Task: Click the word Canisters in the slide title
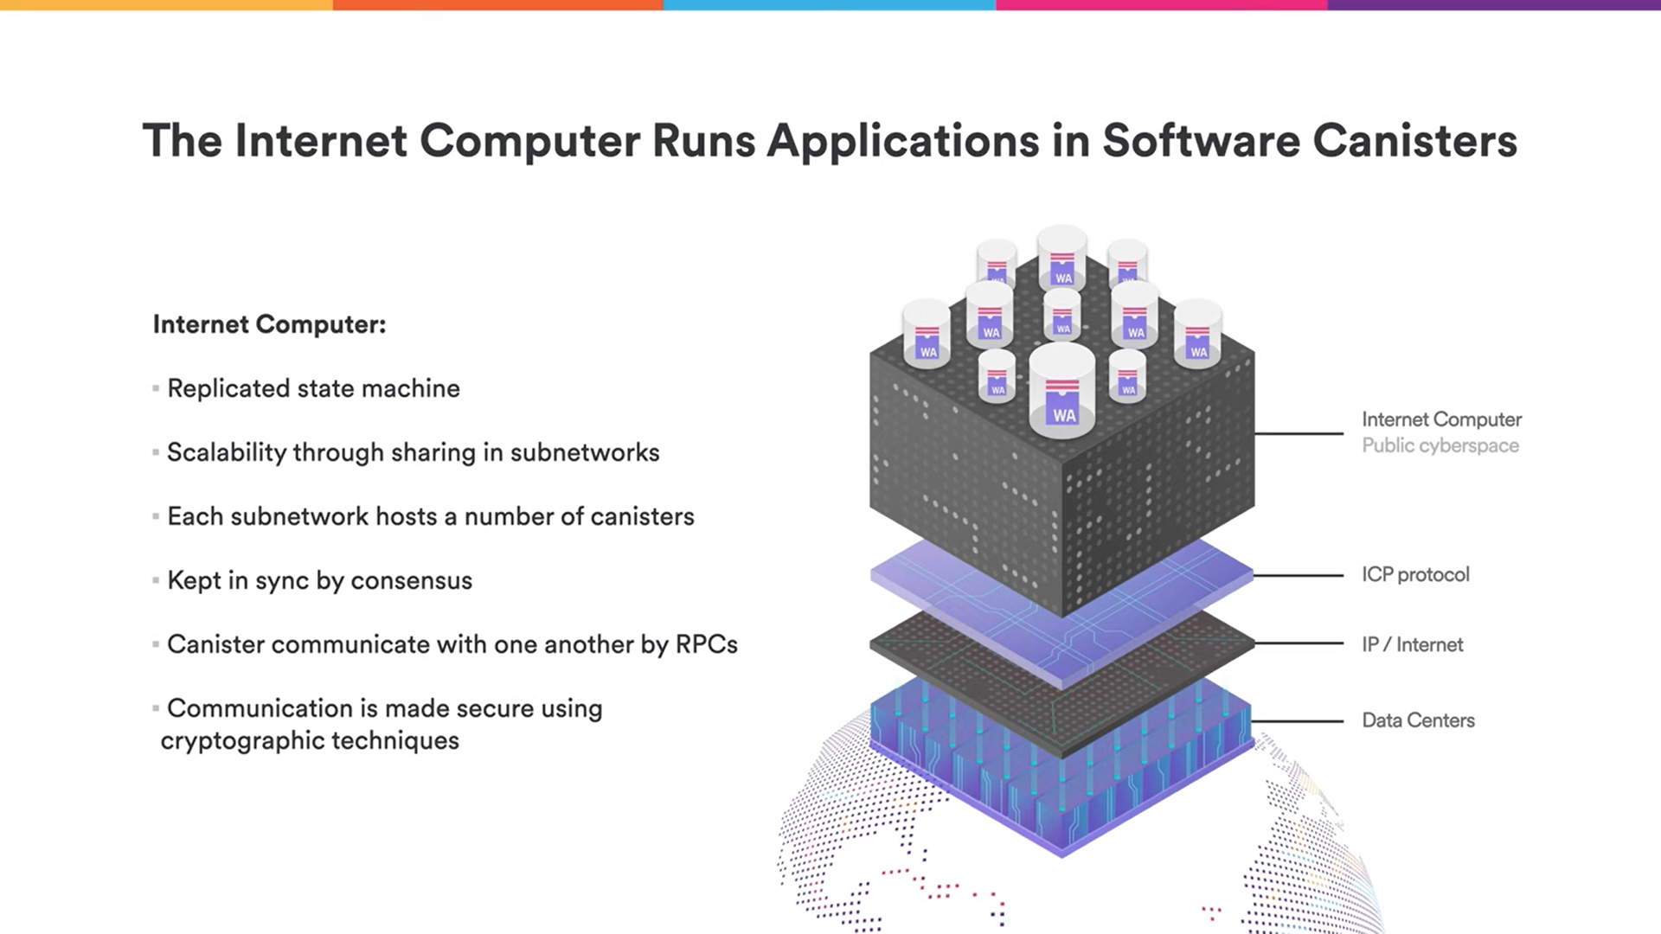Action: [1414, 141]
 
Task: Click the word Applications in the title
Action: [903, 142]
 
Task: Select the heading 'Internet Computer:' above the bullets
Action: [269, 325]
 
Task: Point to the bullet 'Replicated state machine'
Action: [313, 389]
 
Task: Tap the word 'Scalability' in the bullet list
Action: [226, 453]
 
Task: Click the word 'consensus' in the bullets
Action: [411, 581]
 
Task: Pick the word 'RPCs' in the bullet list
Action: [707, 645]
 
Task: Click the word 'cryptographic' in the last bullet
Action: [242, 741]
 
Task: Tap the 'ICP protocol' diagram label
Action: [1415, 575]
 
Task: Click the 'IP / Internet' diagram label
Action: [1413, 645]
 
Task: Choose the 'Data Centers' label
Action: [1418, 720]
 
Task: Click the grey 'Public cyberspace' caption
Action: [1440, 446]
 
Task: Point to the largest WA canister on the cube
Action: [1062, 391]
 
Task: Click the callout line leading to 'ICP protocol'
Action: [1298, 575]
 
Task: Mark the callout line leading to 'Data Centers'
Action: [1298, 720]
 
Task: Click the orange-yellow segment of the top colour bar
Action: [166, 5]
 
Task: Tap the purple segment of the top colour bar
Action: [1494, 5]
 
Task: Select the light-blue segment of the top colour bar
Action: [830, 5]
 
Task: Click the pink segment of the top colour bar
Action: [1162, 5]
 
